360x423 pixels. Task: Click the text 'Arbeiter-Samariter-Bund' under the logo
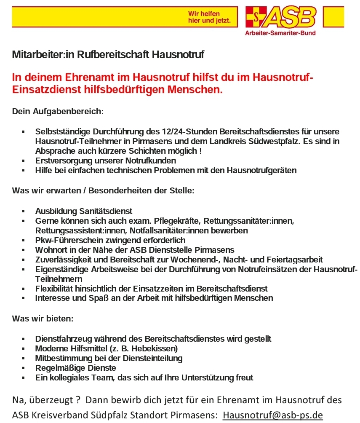click(280, 33)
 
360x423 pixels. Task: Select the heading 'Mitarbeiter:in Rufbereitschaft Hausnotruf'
click(108, 55)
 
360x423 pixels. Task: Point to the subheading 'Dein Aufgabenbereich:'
click(58, 112)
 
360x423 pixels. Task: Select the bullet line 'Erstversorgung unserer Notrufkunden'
click(106, 161)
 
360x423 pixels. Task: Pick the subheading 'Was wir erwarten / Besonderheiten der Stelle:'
click(103, 190)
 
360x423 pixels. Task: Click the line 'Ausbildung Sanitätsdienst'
click(84, 211)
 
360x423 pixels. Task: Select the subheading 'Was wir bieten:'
click(43, 319)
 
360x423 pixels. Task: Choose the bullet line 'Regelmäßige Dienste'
click(76, 368)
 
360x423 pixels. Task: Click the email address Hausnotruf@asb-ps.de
click(272, 415)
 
